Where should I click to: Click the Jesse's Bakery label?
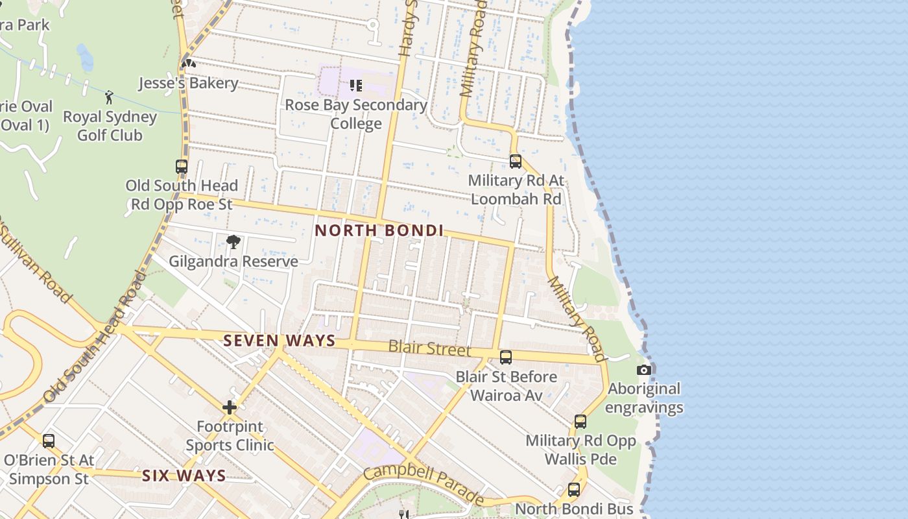click(188, 84)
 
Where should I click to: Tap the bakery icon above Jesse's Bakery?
click(188, 64)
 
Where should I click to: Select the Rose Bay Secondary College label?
click(356, 114)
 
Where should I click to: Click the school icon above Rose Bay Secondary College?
click(355, 85)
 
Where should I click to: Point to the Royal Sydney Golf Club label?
click(110, 126)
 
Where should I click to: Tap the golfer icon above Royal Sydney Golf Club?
click(109, 97)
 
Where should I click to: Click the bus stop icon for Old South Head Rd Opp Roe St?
click(182, 167)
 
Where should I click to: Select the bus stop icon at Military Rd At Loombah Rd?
click(516, 162)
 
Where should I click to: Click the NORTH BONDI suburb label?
click(379, 230)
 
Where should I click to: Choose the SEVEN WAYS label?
click(280, 341)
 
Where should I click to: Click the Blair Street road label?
click(429, 348)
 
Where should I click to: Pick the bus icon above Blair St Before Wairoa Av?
click(506, 357)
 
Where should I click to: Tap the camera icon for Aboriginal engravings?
click(643, 370)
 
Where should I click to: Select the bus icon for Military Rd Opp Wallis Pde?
click(580, 422)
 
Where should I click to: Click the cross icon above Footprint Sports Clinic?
click(230, 407)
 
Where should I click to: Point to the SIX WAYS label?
click(184, 476)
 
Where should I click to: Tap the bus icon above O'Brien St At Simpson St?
click(49, 441)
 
